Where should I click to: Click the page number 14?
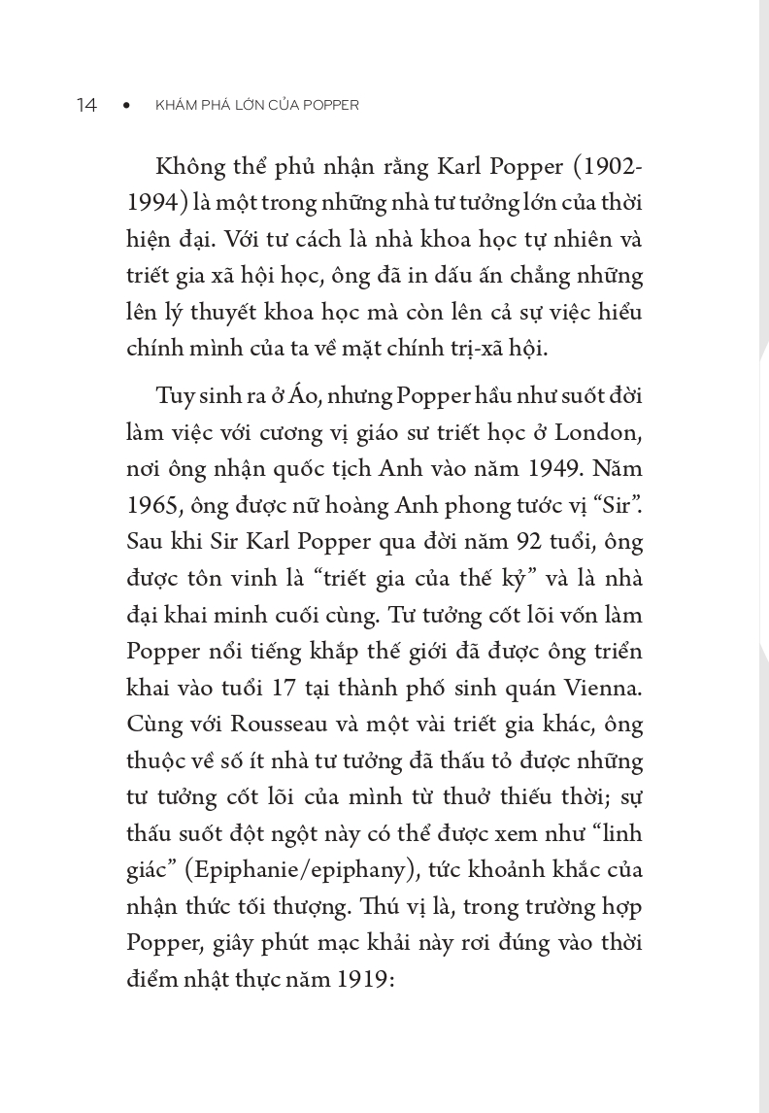coord(86,105)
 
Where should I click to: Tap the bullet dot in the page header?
coord(126,105)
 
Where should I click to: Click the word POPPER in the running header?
coord(330,105)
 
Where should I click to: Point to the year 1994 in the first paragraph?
coord(150,203)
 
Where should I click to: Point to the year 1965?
coord(150,506)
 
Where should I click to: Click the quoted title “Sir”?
coord(619,505)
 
